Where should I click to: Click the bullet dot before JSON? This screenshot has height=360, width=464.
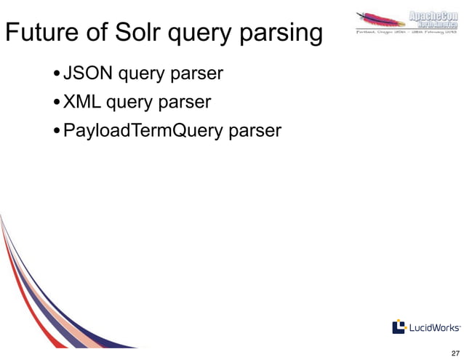[x=57, y=75]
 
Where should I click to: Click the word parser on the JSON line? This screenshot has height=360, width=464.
[x=197, y=75]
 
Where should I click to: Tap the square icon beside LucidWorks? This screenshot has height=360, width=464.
[x=399, y=327]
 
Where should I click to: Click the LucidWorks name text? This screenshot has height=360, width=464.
[x=434, y=327]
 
